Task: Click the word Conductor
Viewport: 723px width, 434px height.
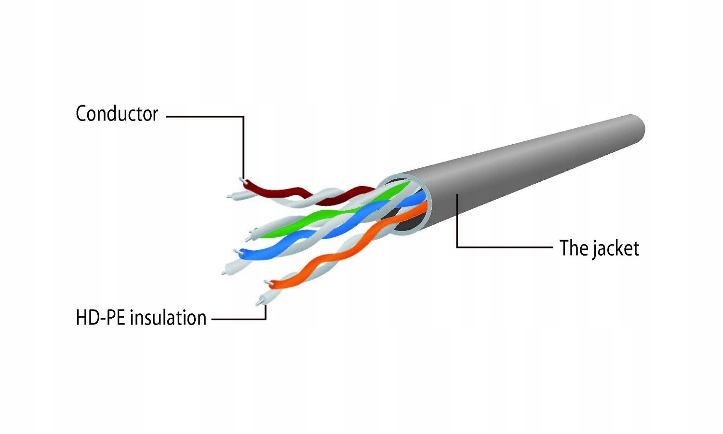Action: point(117,114)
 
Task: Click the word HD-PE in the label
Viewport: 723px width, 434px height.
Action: point(100,317)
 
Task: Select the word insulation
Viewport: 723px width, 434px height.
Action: point(168,317)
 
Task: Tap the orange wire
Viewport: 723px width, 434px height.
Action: point(348,245)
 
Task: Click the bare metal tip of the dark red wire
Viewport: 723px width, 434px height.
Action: point(241,180)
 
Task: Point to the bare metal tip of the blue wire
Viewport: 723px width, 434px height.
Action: point(236,251)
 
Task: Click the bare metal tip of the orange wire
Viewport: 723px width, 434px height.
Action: point(267,283)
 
